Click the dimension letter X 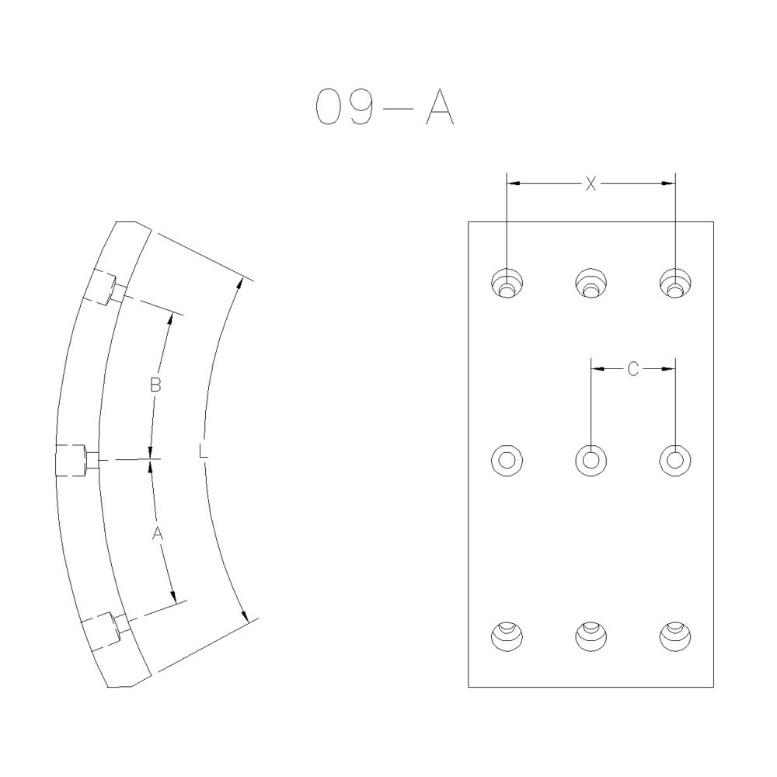(x=591, y=184)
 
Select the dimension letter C (x=632, y=369)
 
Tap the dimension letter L (x=204, y=451)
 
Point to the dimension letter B (x=155, y=384)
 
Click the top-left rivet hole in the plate (x=507, y=282)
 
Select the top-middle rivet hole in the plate (x=591, y=282)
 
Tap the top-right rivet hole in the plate (x=675, y=282)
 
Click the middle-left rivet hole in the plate (x=507, y=460)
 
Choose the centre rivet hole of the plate (x=591, y=460)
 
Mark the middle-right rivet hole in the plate (x=675, y=460)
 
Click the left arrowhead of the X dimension (x=512, y=184)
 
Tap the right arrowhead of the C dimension (x=669, y=369)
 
